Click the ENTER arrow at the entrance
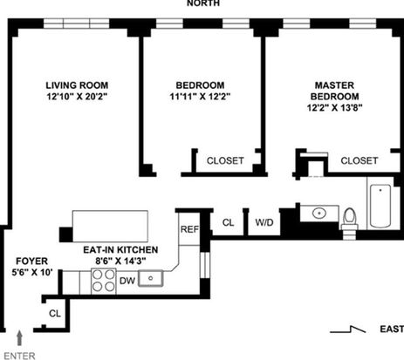pos(19,338)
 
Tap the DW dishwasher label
pos(127,281)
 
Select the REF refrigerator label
pos(189,229)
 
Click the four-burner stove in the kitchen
pos(103,281)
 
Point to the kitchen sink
pos(150,278)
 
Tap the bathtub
pos(380,206)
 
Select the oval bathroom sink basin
pos(319,214)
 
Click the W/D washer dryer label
pos(264,222)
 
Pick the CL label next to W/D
pos(228,222)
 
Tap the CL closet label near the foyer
pos(55,314)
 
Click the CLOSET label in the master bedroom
pos(359,160)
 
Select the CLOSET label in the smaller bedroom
pos(225,160)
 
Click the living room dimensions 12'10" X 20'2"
pos(77,97)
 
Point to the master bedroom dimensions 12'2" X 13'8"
pos(334,108)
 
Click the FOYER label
pos(32,262)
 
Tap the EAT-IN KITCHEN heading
pos(120,250)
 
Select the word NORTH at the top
pos(203,3)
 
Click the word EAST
pos(392,329)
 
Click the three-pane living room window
pos(77,24)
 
